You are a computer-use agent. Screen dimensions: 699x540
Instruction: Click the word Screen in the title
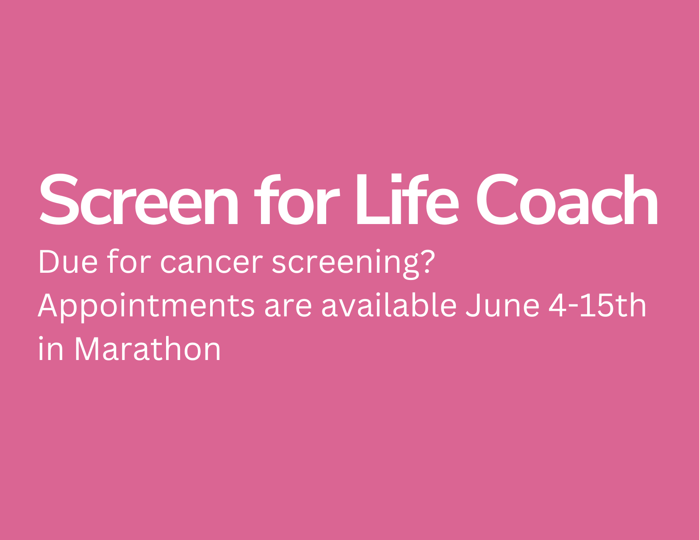pyautogui.click(x=139, y=199)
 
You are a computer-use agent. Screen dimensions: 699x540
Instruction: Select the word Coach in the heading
pyautogui.click(x=567, y=199)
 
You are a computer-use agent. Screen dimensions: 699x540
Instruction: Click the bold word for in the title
pyautogui.click(x=297, y=199)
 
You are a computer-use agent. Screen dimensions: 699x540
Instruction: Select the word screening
pyautogui.click(x=345, y=264)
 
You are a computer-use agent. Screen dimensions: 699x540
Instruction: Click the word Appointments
pyautogui.click(x=146, y=307)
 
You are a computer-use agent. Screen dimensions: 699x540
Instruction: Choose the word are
pyautogui.click(x=288, y=308)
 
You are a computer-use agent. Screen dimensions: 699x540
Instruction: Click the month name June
pyautogui.click(x=502, y=305)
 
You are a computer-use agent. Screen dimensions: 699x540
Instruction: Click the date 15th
pyautogui.click(x=613, y=305)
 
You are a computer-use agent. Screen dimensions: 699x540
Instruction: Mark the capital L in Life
pyautogui.click(x=373, y=199)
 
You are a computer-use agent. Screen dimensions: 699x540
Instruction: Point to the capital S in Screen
pyautogui.click(x=59, y=199)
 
